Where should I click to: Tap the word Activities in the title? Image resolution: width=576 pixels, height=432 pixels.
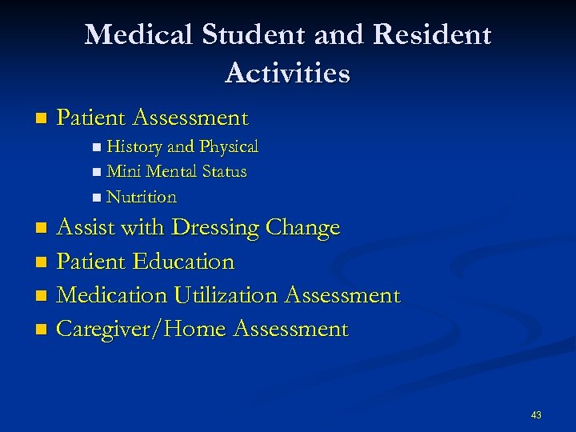[287, 74]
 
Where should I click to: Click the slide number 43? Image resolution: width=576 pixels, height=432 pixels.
[535, 414]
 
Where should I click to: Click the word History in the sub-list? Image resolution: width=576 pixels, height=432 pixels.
[134, 147]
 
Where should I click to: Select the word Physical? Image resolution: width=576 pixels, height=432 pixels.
[229, 147]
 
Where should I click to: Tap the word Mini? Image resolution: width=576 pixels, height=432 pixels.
[123, 172]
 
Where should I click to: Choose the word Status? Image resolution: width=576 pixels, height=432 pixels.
[224, 172]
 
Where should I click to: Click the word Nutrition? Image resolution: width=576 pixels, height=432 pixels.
[141, 197]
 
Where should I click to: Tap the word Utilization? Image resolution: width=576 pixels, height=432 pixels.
[222, 296]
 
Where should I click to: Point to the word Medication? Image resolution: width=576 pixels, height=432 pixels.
[112, 296]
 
